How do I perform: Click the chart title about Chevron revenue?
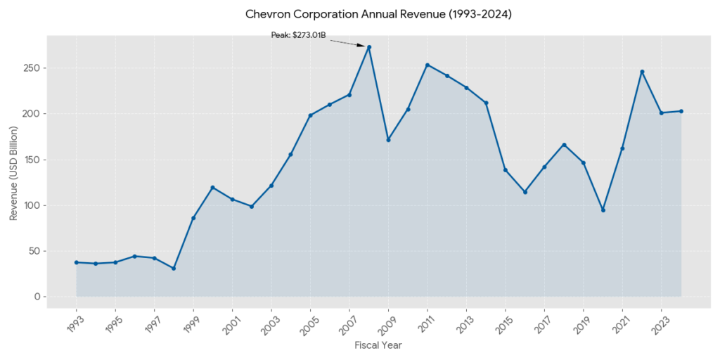(378, 14)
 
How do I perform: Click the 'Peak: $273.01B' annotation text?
(298, 34)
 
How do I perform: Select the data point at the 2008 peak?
(369, 47)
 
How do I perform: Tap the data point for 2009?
(388, 140)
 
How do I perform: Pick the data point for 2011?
(427, 65)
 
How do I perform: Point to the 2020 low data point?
(603, 210)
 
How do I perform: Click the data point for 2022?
(642, 72)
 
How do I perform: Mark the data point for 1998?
(174, 269)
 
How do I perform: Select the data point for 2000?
(212, 187)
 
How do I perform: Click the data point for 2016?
(525, 192)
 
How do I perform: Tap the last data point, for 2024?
(681, 111)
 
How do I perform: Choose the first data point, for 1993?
(76, 262)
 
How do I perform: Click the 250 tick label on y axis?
(30, 68)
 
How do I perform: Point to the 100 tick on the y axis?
(30, 205)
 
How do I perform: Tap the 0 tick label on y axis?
(36, 297)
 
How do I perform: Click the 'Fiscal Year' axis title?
(378, 345)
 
